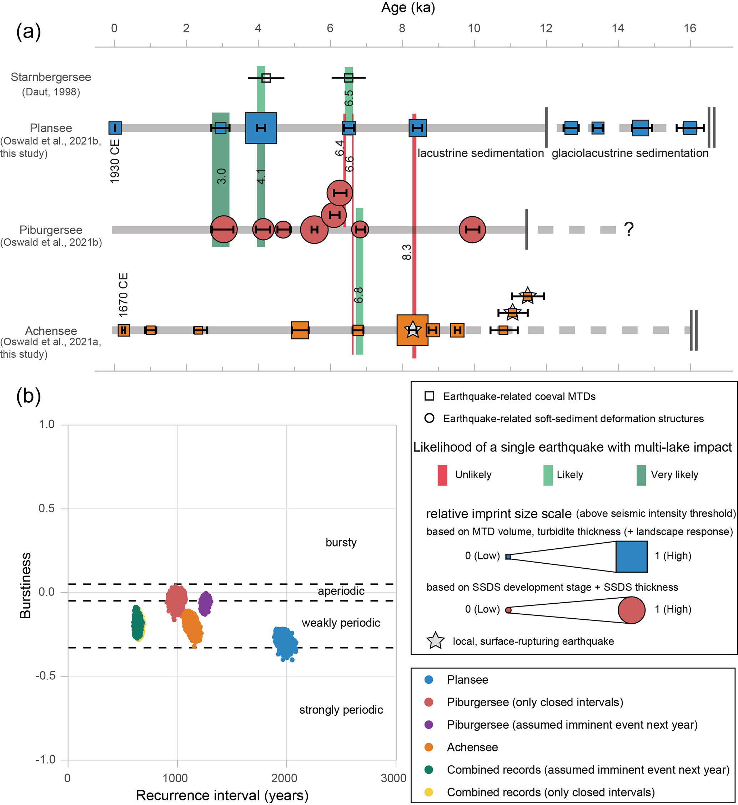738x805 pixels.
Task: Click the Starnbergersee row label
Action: (x=51, y=77)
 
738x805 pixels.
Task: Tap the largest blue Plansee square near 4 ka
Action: (x=261, y=128)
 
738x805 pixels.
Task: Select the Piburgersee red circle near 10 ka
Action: (x=472, y=230)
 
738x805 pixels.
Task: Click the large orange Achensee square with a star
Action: (x=412, y=330)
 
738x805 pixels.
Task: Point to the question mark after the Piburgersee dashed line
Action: (x=629, y=229)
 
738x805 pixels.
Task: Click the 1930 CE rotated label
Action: (x=115, y=162)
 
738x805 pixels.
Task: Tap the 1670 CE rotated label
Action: (x=124, y=295)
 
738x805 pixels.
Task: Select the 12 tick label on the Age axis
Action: (x=546, y=28)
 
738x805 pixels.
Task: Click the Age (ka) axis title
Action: (x=408, y=7)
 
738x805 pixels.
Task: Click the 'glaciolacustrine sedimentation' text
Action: (x=630, y=154)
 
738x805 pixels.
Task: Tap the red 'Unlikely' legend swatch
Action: (x=442, y=475)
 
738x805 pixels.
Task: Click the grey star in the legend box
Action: (x=435, y=641)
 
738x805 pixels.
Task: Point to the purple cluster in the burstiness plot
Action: (x=205, y=603)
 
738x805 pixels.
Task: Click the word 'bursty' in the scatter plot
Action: (x=341, y=542)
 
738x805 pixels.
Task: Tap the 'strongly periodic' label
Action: (x=341, y=710)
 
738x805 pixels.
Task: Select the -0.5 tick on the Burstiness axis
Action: (x=46, y=676)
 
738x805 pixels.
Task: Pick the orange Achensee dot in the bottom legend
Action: (x=429, y=747)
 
